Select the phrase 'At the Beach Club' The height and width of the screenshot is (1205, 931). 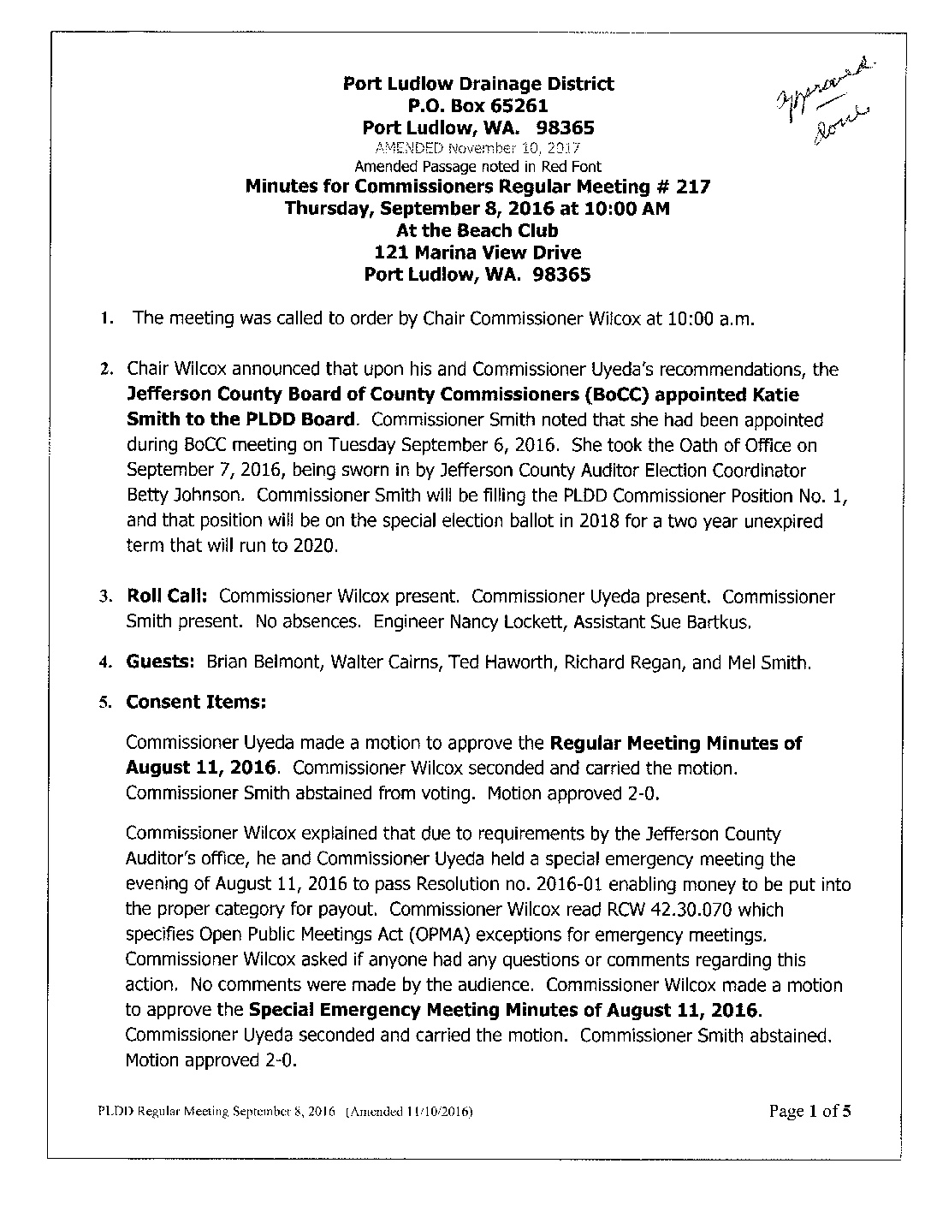click(x=477, y=230)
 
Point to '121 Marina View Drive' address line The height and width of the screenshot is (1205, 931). click(x=477, y=252)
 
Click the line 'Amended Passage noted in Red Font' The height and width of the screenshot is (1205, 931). click(x=477, y=167)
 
